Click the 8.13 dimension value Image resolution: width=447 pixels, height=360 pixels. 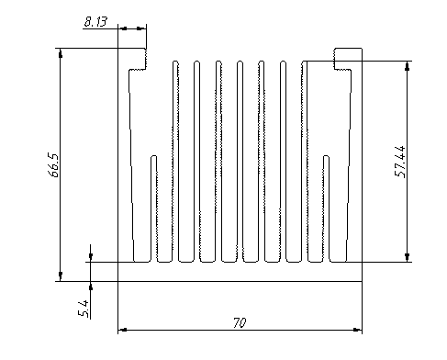pos(95,22)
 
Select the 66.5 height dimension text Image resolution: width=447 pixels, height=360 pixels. pos(54,165)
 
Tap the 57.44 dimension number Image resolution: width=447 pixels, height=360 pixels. pos(400,162)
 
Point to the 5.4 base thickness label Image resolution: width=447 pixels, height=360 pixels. pos(84,309)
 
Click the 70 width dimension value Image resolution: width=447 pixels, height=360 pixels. pos(240,323)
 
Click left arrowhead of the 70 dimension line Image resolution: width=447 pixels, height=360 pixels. pos(122,330)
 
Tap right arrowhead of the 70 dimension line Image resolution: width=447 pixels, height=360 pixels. pos(357,330)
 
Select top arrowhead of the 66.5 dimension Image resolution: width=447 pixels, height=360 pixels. pos(61,53)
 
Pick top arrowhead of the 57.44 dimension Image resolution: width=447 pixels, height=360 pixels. pos(407,66)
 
